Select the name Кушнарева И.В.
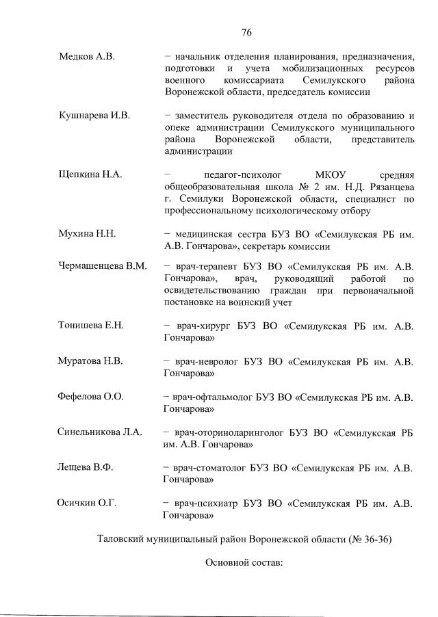tap(94, 116)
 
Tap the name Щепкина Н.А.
tap(90, 174)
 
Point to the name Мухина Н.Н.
tap(88, 234)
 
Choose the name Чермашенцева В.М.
tap(103, 266)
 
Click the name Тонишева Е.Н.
tap(92, 325)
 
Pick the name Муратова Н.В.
tap(91, 360)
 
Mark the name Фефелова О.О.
tap(91, 396)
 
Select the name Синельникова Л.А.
tap(99, 432)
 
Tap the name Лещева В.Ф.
tap(86, 468)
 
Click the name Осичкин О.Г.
tap(87, 503)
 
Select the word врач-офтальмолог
tap(212, 397)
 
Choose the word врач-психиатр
tap(203, 503)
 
